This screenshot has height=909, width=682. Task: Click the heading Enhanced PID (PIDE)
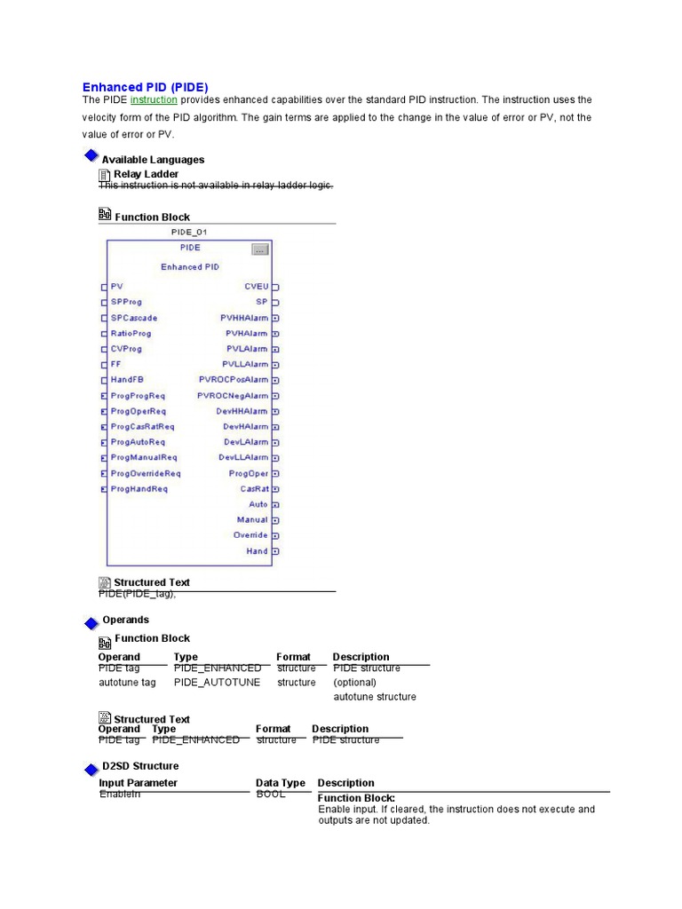(145, 87)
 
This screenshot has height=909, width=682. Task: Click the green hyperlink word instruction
(154, 100)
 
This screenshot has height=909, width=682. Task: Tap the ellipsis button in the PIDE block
(259, 250)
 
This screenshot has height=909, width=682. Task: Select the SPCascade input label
(134, 318)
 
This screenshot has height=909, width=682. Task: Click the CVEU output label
(256, 287)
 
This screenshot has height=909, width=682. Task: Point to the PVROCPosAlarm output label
(233, 380)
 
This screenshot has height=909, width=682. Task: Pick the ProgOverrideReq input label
(146, 473)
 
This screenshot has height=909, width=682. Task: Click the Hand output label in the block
(257, 551)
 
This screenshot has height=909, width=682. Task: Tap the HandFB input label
(127, 380)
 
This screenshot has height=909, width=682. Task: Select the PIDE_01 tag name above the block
(189, 232)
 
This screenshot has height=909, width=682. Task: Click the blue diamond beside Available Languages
(91, 157)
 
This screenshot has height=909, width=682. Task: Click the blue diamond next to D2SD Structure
(91, 769)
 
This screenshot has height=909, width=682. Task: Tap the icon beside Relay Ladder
(104, 175)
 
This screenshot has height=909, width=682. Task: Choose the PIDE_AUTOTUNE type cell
(218, 683)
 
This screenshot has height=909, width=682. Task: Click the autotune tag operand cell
(127, 683)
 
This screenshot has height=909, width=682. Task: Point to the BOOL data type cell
(271, 794)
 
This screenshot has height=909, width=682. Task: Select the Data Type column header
(281, 783)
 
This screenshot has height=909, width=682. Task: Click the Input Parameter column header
(138, 783)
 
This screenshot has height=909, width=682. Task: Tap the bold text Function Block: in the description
(356, 799)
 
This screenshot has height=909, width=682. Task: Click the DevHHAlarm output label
(242, 411)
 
